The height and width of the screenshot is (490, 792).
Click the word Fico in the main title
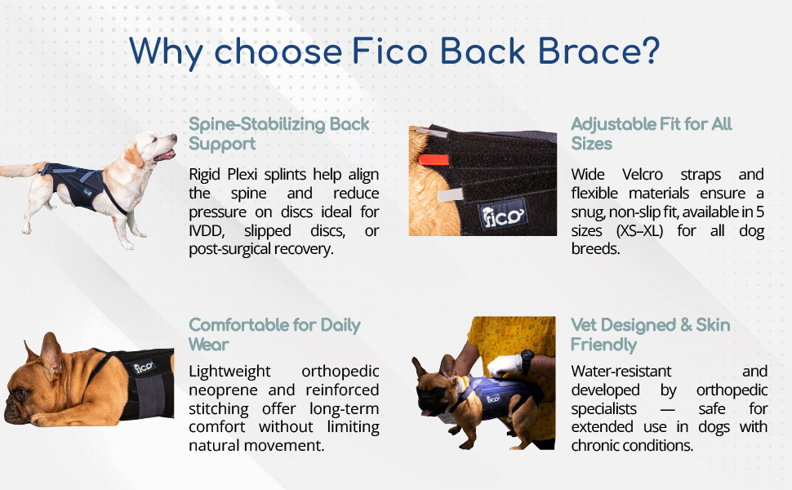390,51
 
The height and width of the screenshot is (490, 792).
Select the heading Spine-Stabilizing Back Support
278,134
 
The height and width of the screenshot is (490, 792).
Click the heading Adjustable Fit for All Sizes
652,134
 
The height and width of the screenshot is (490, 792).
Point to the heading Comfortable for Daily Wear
274,334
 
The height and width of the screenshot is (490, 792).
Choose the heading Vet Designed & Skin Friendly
651,334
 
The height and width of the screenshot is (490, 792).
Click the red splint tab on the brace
434,160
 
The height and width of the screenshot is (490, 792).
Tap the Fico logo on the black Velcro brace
503,216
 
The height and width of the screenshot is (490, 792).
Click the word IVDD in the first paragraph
206,231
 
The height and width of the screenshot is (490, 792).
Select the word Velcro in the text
642,174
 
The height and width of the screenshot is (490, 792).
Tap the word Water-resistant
621,372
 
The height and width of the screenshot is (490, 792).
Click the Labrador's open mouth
166,154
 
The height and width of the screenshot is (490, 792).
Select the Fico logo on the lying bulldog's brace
144,367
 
